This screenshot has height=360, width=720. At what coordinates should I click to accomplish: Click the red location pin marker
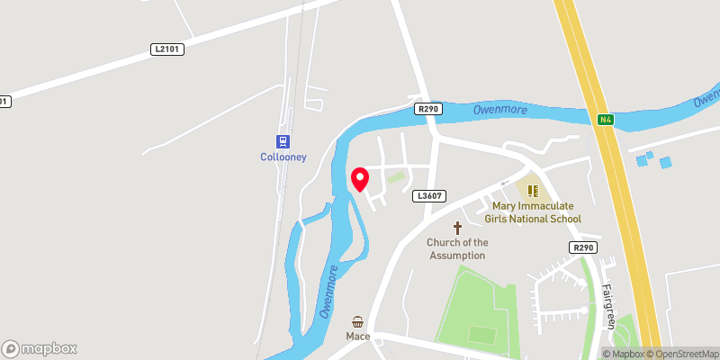tap(360, 179)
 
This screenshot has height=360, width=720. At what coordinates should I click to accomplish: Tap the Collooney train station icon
tap(283, 141)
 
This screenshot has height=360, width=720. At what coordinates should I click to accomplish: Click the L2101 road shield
tap(166, 50)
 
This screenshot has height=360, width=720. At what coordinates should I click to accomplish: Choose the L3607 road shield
tap(428, 195)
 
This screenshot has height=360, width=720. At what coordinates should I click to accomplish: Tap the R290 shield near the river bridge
tap(428, 108)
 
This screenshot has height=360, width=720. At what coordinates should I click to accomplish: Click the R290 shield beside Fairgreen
tap(583, 247)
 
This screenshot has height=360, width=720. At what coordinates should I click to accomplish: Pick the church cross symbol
tap(457, 228)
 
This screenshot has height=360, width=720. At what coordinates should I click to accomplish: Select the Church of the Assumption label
tap(457, 248)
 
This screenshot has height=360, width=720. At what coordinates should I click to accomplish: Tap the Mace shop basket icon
tap(358, 322)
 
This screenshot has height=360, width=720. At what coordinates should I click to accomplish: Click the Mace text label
tap(358, 337)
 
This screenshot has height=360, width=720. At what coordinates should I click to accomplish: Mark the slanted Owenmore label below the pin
tap(329, 292)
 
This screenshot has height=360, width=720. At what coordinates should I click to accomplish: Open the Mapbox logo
tap(40, 348)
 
